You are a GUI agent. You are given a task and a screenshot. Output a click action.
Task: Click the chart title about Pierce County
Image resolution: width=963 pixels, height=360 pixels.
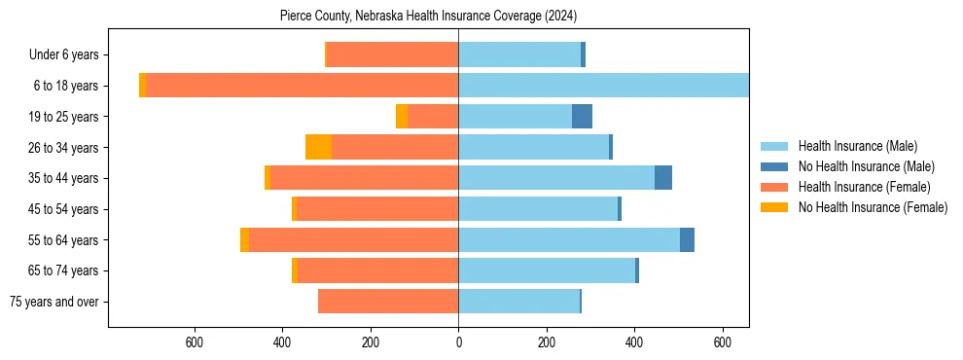[x=428, y=17]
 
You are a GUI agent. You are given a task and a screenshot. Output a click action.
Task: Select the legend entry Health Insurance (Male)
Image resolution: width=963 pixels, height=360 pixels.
[x=856, y=146]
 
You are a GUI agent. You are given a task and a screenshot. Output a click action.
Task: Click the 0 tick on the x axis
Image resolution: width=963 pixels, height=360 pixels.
[x=458, y=342]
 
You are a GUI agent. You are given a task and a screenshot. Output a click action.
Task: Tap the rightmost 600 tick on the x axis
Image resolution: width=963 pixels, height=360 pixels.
[x=723, y=342]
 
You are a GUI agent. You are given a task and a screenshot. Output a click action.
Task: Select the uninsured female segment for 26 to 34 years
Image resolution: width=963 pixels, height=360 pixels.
[x=318, y=147]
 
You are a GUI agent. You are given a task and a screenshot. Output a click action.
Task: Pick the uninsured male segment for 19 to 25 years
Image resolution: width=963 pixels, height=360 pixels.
[x=582, y=117]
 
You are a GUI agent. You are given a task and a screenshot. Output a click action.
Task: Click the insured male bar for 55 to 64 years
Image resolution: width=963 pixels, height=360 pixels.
[x=569, y=239]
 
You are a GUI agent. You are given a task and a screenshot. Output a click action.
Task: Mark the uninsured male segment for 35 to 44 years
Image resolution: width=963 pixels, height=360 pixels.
[x=663, y=178]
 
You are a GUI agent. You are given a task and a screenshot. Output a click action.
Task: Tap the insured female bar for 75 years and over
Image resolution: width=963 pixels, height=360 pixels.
[x=388, y=302]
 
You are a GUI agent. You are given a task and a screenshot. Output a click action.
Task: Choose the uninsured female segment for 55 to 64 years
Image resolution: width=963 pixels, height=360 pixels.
[x=244, y=239]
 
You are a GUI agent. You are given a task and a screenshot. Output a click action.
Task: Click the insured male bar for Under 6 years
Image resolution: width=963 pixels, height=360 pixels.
[x=519, y=55]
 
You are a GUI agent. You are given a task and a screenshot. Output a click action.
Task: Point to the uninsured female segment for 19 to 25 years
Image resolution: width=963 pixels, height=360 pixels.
[x=402, y=117]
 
